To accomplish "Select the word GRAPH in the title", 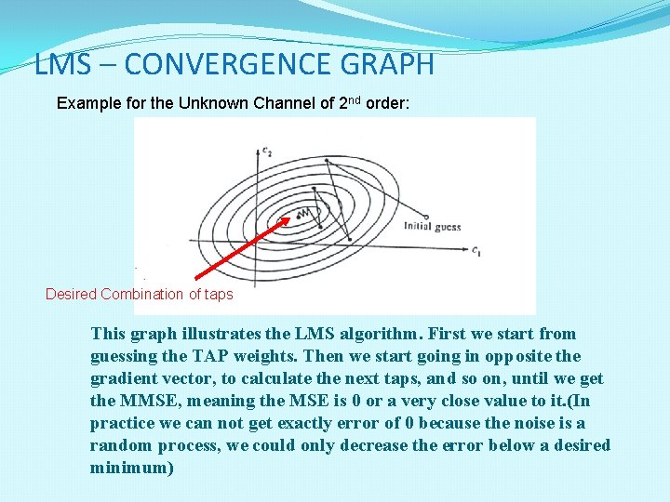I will (395, 64).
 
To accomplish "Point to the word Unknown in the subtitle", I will (213, 103).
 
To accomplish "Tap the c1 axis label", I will (476, 250).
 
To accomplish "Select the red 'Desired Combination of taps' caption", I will (140, 295).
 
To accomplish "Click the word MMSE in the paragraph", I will (147, 401).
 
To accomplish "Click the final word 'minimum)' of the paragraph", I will (131, 468).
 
